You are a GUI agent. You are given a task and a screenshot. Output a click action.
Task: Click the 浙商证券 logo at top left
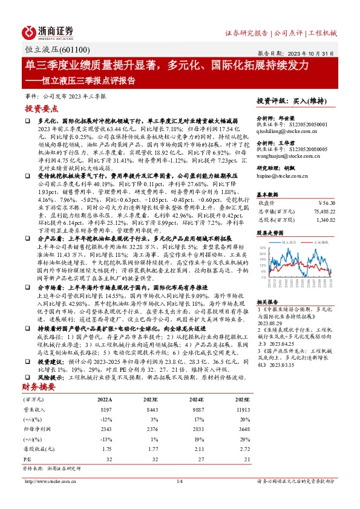(48, 31)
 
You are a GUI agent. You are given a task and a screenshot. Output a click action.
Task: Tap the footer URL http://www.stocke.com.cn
(49, 498)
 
